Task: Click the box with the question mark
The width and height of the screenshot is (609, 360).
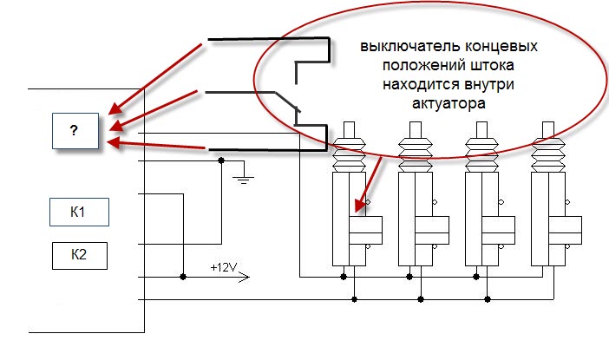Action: [74, 131]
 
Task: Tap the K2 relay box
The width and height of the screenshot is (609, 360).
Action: [79, 255]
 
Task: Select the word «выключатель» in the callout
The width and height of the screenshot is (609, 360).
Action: [396, 45]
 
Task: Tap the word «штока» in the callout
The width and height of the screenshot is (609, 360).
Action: [468, 64]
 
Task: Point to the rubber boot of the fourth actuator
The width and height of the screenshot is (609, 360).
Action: [548, 152]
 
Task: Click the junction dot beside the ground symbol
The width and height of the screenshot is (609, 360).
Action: [221, 160]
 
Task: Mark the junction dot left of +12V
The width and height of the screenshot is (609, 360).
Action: [183, 277]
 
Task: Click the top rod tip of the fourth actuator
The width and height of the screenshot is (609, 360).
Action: [548, 126]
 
